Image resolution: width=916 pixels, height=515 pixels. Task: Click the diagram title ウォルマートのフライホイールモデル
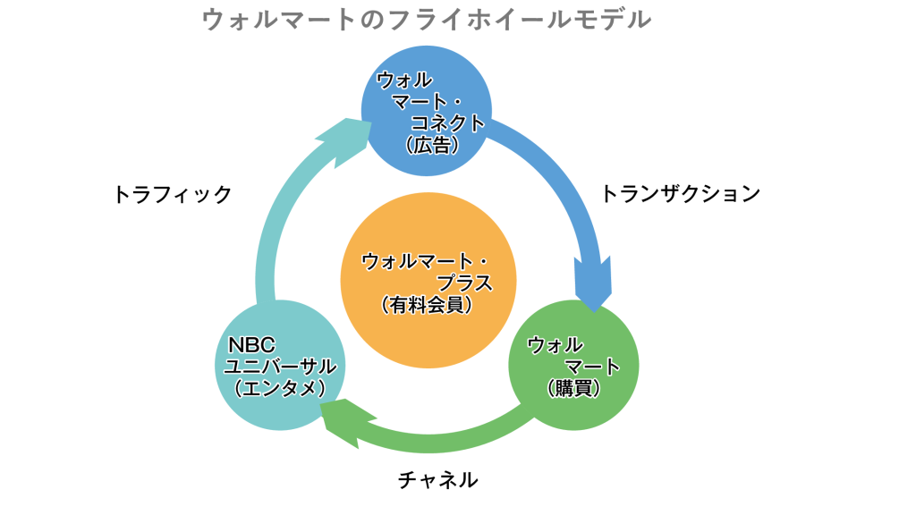pos(426,20)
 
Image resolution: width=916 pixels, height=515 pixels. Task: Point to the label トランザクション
pos(681,193)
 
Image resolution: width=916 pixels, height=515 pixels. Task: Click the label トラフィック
pos(173,194)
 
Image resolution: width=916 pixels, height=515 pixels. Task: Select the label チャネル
pos(437,480)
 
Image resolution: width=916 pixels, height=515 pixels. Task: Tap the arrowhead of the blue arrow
pos(591,284)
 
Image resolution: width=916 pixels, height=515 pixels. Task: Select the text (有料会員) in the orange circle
pos(427,305)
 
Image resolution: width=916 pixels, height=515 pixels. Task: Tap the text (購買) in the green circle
pos(573,388)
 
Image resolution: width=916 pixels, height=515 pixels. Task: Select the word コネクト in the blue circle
pos(447,123)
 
